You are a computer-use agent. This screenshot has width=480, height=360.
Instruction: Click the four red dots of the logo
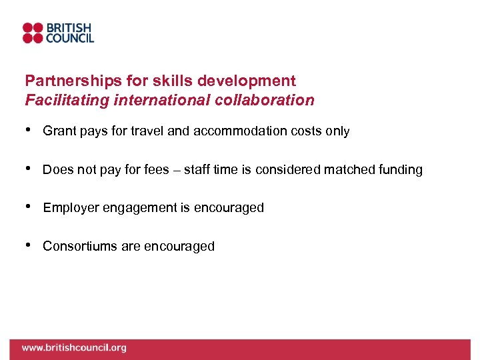click(x=33, y=33)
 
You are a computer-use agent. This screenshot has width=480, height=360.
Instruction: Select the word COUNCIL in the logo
click(x=69, y=39)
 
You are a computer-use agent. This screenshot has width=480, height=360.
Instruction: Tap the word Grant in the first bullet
click(x=59, y=131)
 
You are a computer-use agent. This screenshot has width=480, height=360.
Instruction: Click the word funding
click(x=397, y=170)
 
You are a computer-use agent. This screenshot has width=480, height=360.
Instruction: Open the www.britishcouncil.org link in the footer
click(x=73, y=348)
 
